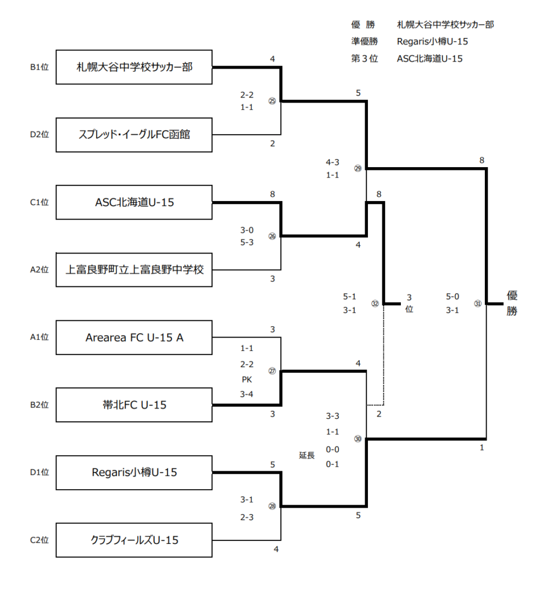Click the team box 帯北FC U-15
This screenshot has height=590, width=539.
[134, 405]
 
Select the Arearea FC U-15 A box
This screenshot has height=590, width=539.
[134, 338]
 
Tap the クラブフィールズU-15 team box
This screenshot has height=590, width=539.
[134, 540]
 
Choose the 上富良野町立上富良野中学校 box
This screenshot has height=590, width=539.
[134, 270]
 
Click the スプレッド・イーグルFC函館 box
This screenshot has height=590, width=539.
[134, 135]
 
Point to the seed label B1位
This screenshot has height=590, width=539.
[40, 67]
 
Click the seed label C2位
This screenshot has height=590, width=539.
[40, 540]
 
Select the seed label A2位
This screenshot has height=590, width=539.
[40, 270]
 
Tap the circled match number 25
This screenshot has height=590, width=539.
[272, 101]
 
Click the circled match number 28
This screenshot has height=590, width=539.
[272, 506]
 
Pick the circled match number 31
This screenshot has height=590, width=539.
[478, 303]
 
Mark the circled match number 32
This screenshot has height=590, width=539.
[375, 303]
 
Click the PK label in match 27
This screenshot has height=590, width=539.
[246, 379]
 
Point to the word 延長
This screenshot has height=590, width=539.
[306, 455]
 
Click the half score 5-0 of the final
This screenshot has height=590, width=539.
[453, 297]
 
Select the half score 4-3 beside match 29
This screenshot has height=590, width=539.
[332, 162]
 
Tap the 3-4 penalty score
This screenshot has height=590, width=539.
[246, 394]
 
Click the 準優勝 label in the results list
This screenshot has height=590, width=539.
[365, 41]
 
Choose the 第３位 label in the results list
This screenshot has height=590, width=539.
[365, 58]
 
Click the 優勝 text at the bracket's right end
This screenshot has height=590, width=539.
[512, 303]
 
